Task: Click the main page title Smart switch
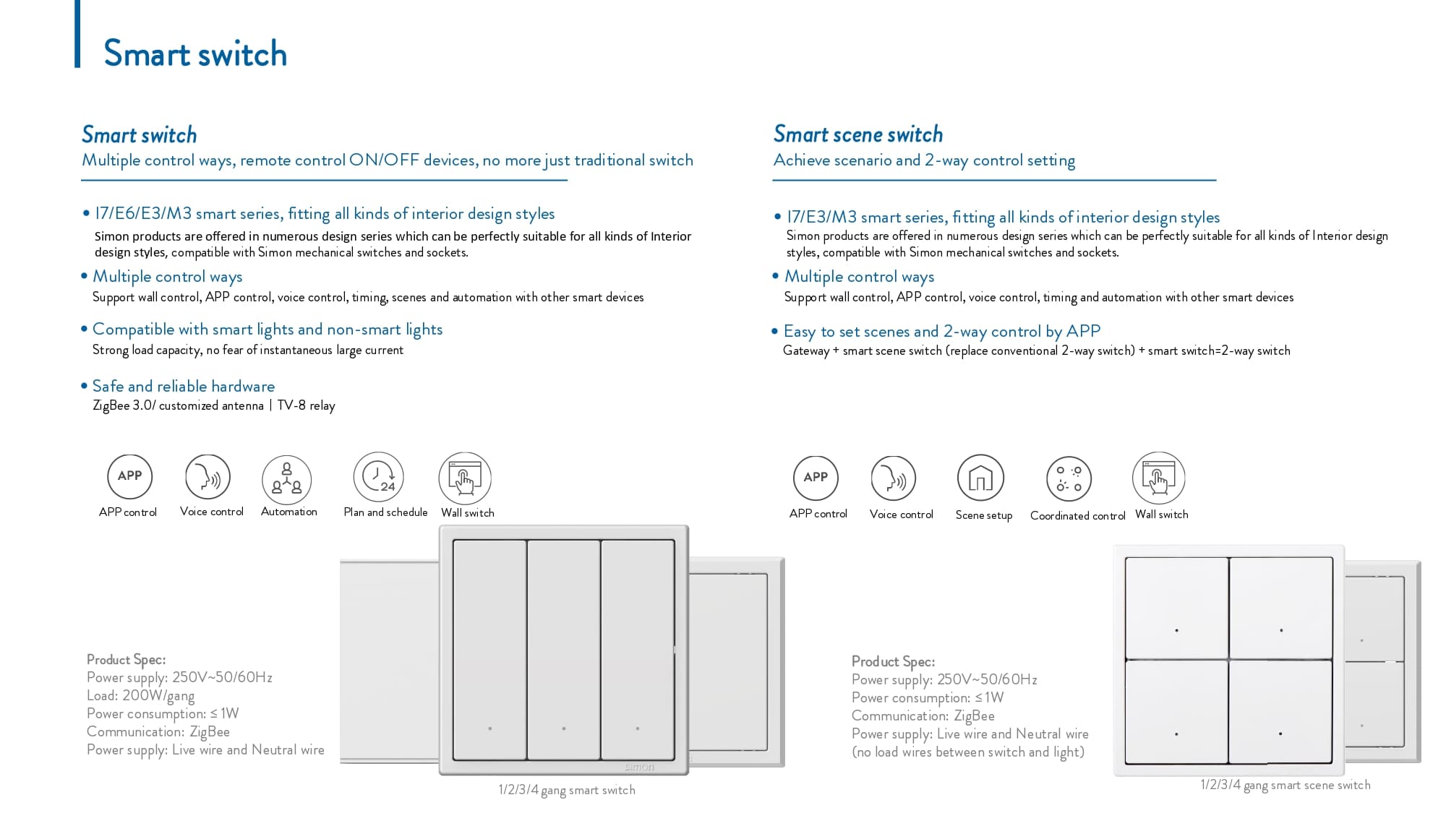tap(195, 53)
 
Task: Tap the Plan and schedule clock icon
tap(378, 477)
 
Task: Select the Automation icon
tap(286, 478)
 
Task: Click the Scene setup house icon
tap(980, 478)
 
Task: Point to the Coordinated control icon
tap(1069, 478)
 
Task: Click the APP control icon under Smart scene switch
tap(816, 477)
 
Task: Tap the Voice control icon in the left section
tap(208, 477)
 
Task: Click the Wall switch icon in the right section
tap(1158, 478)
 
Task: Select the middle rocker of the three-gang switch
tap(563, 649)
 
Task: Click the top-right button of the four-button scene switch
tap(1280, 607)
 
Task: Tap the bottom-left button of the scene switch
tap(1176, 712)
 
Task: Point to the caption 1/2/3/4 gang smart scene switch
tap(1285, 785)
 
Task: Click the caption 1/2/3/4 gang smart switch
tap(566, 790)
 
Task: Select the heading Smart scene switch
tap(857, 134)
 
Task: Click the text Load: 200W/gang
tap(140, 695)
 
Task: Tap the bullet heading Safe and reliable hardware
tap(183, 386)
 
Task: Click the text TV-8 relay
tap(306, 405)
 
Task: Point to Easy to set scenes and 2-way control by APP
tap(942, 331)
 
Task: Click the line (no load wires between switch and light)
tap(967, 752)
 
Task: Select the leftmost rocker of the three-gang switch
tap(489, 649)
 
